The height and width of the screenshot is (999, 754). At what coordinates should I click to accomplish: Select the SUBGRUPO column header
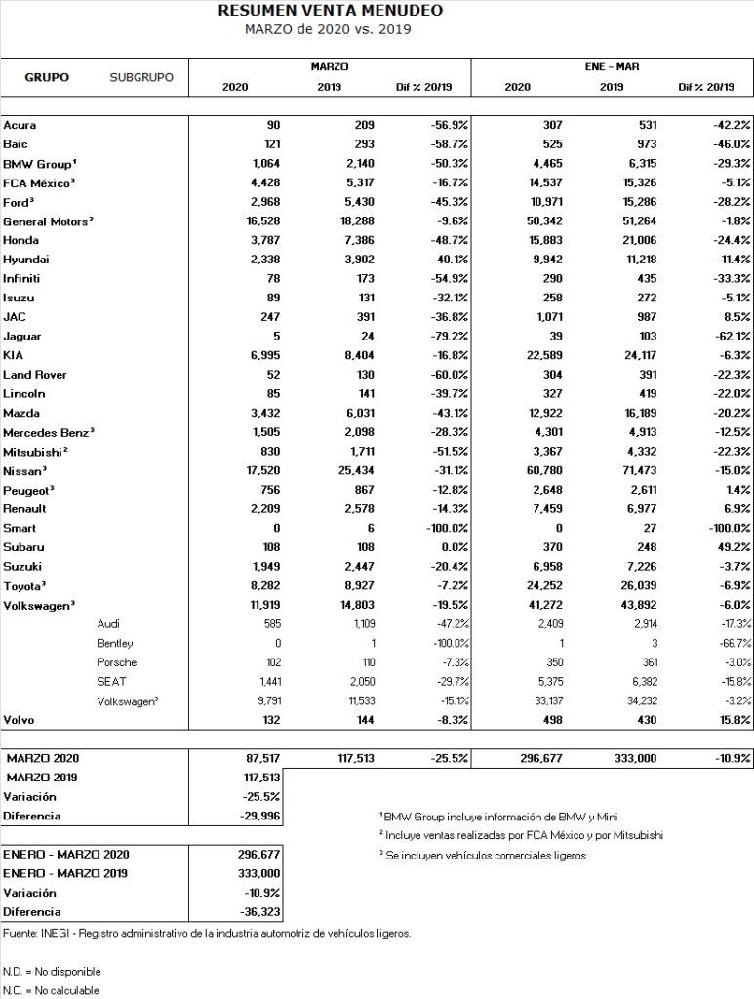(x=141, y=76)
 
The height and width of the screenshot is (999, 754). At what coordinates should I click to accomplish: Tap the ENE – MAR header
(x=612, y=67)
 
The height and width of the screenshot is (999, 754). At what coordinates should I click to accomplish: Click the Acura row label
(x=20, y=126)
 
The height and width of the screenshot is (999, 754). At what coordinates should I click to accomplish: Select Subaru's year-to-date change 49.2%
(x=732, y=547)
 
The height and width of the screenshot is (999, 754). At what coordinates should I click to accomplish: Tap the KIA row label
(x=15, y=356)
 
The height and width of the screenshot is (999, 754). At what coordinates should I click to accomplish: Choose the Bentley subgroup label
(x=115, y=643)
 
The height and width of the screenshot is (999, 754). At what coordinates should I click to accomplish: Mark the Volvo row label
(x=20, y=720)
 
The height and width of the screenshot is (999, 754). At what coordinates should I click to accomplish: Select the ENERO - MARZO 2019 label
(x=71, y=873)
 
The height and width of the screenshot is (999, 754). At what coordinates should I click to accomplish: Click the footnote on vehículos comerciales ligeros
(x=483, y=855)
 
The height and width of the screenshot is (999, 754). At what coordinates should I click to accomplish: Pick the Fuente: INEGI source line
(x=206, y=934)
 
